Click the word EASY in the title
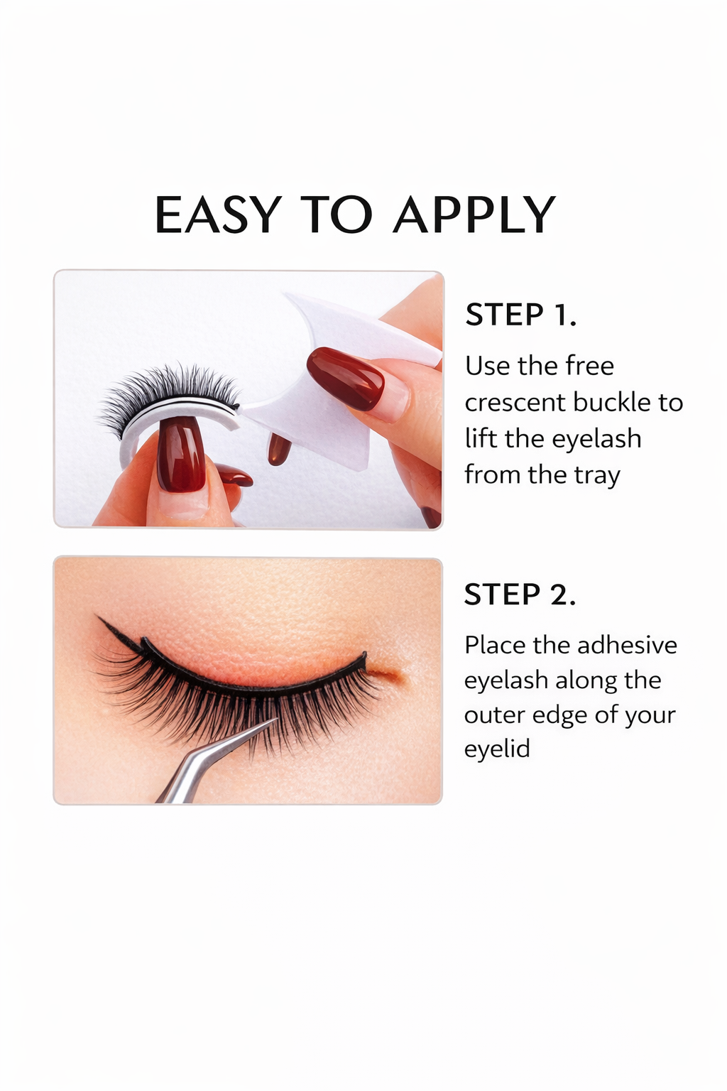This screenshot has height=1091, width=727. [x=218, y=215]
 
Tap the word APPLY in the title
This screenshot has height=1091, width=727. [x=474, y=215]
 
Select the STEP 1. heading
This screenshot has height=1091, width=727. [x=520, y=315]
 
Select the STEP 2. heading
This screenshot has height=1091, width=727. [x=520, y=595]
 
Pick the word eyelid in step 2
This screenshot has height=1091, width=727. [x=497, y=749]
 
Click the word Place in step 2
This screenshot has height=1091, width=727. [x=496, y=645]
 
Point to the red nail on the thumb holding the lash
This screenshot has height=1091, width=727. [x=181, y=455]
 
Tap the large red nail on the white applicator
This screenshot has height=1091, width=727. [x=346, y=378]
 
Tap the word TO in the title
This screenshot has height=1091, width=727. [x=336, y=215]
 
